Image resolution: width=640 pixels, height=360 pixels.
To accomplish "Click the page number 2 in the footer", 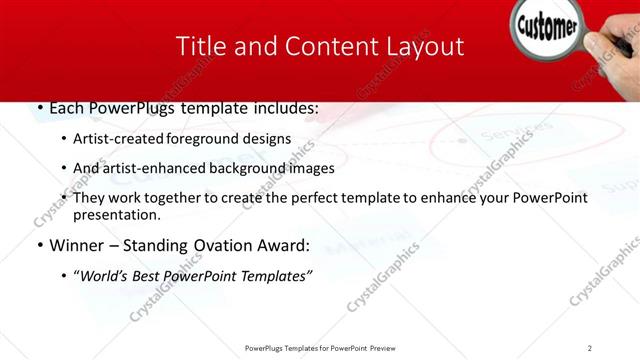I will coord(590,348).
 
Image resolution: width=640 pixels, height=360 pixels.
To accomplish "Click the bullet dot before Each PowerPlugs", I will coord(39,108).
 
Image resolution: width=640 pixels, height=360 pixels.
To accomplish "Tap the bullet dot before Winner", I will coord(39,246).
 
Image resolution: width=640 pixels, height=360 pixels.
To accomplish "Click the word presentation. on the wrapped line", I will coord(116,215).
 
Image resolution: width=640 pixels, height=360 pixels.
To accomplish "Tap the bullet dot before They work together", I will coord(64,198).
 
